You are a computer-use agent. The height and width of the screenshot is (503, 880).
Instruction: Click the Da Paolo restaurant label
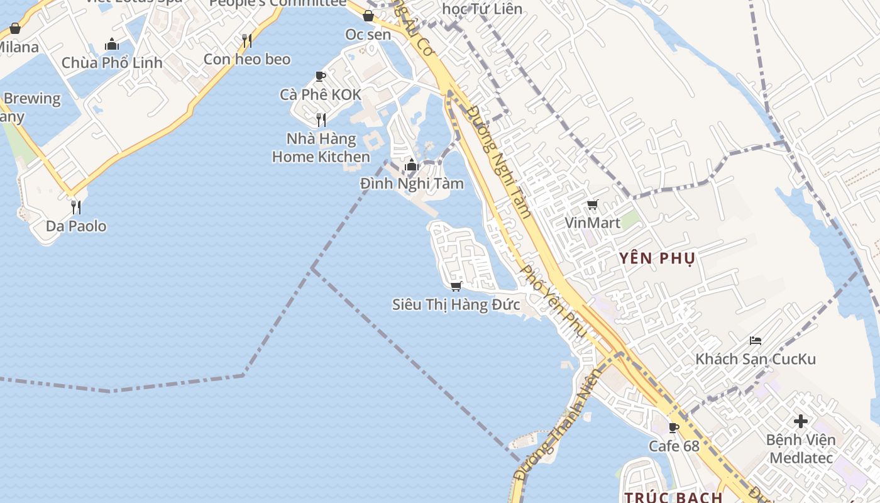(x=76, y=226)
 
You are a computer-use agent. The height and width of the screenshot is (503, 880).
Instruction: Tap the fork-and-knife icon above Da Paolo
(x=76, y=207)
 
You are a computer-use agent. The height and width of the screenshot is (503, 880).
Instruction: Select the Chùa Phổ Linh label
(x=112, y=63)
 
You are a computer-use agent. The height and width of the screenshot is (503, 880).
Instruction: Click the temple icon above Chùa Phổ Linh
(x=112, y=44)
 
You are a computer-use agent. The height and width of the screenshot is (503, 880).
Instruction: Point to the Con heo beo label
(x=247, y=59)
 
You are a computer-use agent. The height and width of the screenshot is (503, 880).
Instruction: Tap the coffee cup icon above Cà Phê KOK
(x=321, y=77)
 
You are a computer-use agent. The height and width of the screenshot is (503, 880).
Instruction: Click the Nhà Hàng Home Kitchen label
(x=321, y=148)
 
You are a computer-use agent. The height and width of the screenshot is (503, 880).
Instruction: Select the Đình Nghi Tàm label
(x=412, y=184)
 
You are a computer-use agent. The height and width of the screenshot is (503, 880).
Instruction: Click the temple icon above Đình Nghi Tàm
(x=412, y=165)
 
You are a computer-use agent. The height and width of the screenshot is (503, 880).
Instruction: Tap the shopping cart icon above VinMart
(x=592, y=204)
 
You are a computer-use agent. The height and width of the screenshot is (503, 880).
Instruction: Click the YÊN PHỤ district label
(x=657, y=258)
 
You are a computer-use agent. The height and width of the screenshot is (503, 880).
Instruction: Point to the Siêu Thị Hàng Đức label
(x=456, y=305)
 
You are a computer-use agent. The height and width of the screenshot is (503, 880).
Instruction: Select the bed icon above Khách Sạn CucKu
(x=756, y=341)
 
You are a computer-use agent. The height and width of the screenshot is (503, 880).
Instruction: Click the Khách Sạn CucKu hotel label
(x=756, y=359)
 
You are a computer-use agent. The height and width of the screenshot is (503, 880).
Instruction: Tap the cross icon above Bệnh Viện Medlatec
(x=801, y=421)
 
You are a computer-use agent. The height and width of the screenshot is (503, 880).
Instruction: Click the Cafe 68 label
(x=674, y=446)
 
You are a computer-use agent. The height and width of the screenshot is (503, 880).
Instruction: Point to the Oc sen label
(x=368, y=35)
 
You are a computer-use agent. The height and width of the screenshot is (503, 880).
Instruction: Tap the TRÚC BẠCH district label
(x=674, y=497)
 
